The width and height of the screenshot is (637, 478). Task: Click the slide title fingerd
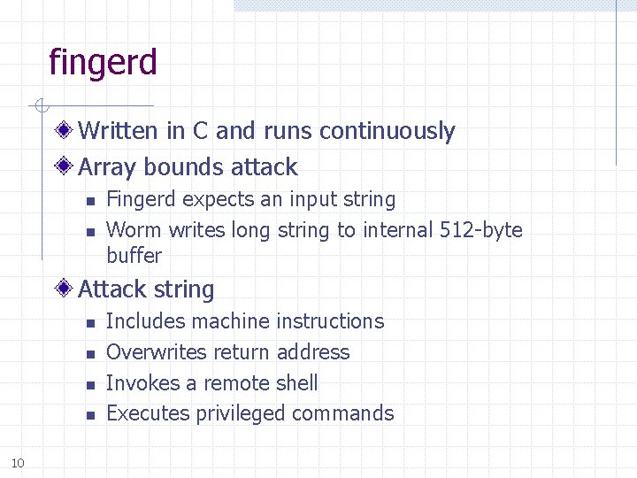tap(104, 63)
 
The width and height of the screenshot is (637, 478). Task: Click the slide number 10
tap(19, 461)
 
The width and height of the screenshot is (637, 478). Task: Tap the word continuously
tap(387, 131)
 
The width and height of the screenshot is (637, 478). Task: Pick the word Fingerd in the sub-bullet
tap(140, 200)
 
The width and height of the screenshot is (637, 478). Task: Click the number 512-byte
tap(480, 230)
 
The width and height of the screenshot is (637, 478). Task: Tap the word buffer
tap(134, 256)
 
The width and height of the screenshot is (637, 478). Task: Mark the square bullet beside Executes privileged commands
tap(89, 414)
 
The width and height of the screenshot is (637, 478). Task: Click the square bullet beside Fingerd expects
tap(89, 201)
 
